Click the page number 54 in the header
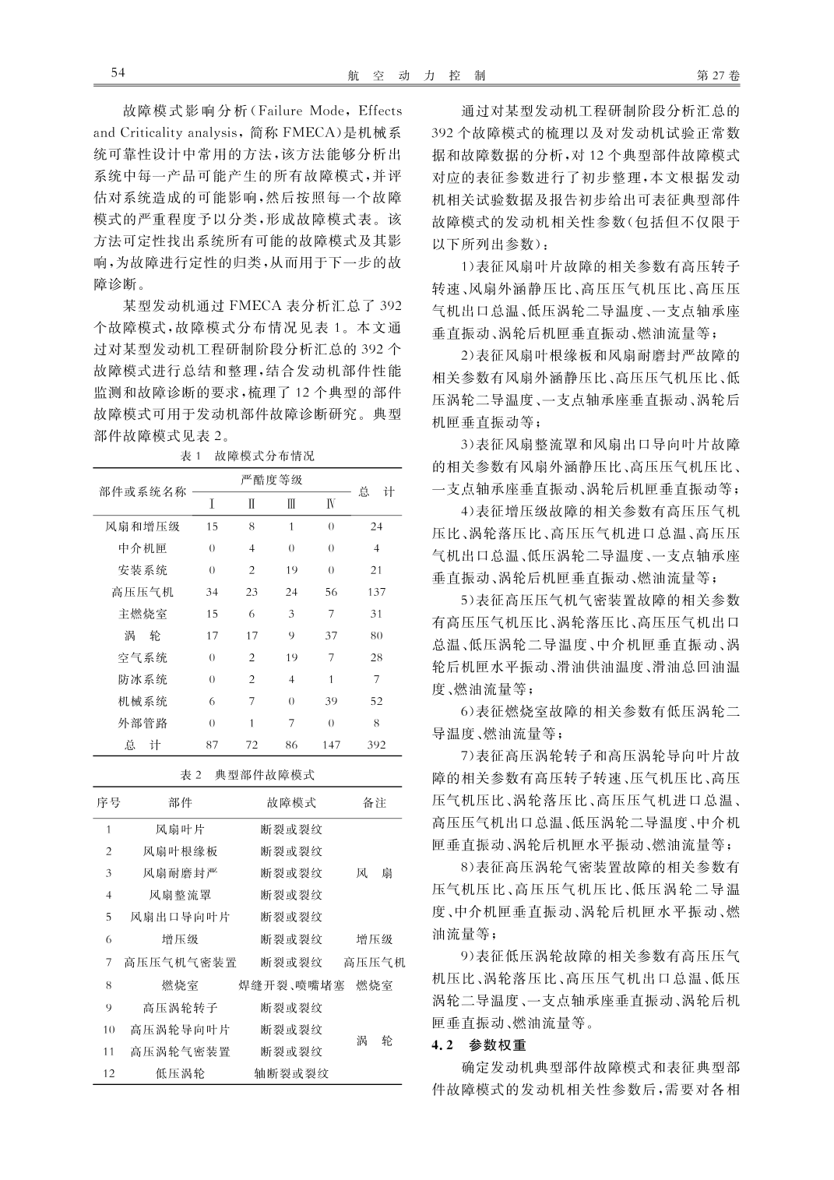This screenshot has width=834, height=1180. pos(118,73)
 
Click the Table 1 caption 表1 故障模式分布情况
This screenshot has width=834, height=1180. pos(248,456)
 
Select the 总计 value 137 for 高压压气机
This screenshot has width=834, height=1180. pos(376,592)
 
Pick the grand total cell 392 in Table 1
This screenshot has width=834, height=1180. pos(376,745)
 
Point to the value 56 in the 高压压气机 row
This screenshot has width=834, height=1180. pos(331,592)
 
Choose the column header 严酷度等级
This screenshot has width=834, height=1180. pos(272,480)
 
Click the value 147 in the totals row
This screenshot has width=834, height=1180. pos(331,745)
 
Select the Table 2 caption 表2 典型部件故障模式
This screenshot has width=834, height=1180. pos(248,775)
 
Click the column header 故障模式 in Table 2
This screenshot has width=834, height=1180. pos(291,802)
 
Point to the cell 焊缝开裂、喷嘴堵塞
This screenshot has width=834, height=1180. pos(291,985)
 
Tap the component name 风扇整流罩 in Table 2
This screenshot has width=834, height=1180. pos(180,895)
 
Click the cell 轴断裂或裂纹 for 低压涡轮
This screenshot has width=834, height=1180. pos(291,1073)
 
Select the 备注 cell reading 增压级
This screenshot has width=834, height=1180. pos(375,939)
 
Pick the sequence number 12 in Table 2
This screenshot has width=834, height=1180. pos(109,1073)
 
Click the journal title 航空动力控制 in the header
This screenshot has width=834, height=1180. pos(416,76)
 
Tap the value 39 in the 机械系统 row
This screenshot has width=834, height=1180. pos(331,701)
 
